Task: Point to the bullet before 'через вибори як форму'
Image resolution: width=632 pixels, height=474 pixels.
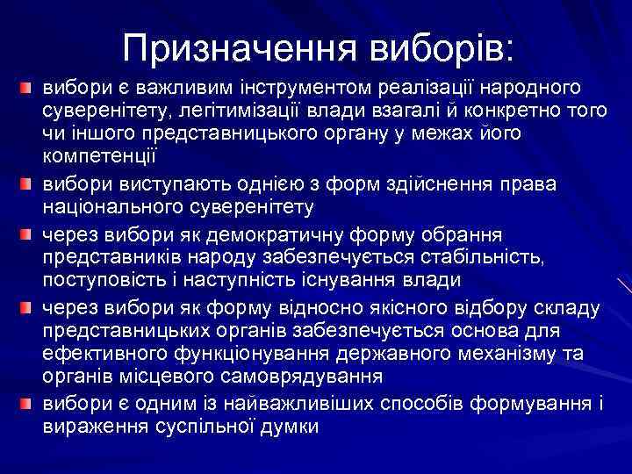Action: coord(27,308)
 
